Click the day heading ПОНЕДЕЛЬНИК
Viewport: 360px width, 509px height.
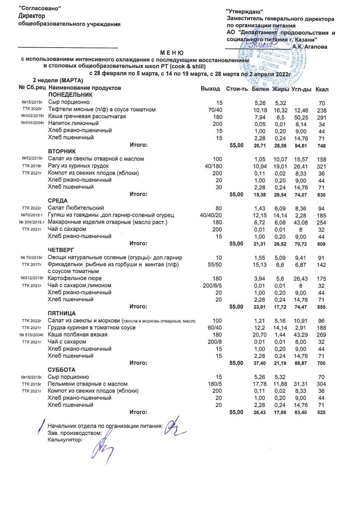coord(70,95)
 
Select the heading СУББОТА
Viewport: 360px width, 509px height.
coord(62,369)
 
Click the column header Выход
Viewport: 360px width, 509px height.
coord(210,89)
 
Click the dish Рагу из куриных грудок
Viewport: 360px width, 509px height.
coord(79,165)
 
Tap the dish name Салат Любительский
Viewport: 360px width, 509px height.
coord(76,208)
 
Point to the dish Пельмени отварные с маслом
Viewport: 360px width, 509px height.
coord(87,384)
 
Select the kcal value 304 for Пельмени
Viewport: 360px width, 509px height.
coord(322,384)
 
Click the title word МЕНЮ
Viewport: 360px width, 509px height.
coord(172,53)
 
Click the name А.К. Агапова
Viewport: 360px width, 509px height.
coord(310,47)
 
